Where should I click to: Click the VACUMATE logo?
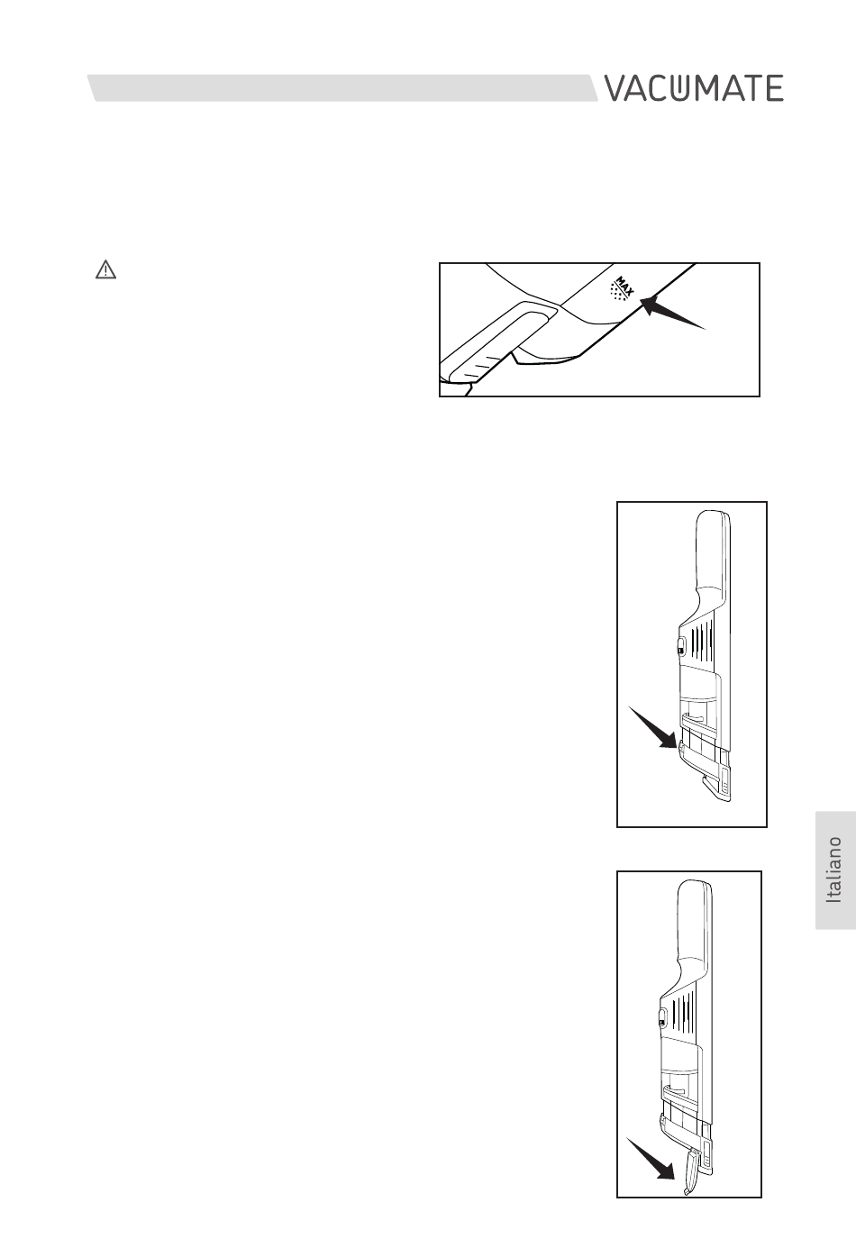[694, 88]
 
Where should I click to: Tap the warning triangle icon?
[105, 270]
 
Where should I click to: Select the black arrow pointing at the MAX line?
[672, 313]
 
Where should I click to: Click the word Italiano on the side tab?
[834, 870]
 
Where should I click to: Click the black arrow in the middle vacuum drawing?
[652, 726]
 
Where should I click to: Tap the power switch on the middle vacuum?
[681, 650]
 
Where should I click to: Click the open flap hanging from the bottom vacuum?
[690, 1170]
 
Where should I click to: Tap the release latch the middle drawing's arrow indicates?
[681, 749]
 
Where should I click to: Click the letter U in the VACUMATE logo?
[678, 89]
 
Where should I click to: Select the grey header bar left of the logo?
[342, 88]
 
